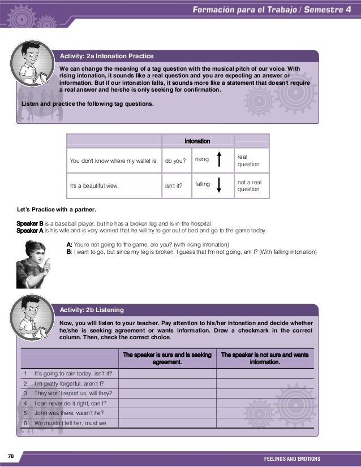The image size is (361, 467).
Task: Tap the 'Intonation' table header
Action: pos(197,141)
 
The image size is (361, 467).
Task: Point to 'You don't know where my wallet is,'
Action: pos(113,161)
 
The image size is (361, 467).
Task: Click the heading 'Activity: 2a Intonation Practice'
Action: pos(106,56)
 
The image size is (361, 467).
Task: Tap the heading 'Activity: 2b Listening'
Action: pos(92,310)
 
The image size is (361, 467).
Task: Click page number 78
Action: pos(11,456)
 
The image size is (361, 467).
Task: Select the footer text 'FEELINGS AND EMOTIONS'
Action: pos(292,458)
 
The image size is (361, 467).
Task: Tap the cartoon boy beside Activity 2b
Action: pos(29,317)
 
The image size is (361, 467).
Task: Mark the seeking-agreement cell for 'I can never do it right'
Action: pos(167,403)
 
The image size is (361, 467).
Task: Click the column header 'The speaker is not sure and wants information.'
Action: pos(265,358)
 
